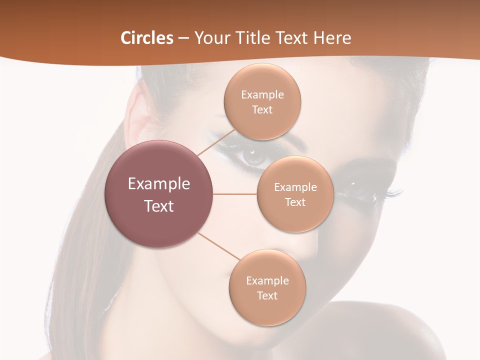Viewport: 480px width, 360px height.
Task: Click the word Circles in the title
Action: click(x=146, y=38)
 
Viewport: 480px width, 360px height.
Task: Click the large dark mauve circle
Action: click(x=159, y=194)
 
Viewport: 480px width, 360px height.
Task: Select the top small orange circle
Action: click(x=262, y=101)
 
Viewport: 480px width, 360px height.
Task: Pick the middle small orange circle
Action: click(x=295, y=194)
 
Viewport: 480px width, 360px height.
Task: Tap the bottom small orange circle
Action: click(x=267, y=287)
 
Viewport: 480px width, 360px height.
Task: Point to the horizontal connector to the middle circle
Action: click(x=235, y=194)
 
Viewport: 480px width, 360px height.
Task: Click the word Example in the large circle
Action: click(x=159, y=183)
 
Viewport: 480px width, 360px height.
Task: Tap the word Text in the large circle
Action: click(x=159, y=205)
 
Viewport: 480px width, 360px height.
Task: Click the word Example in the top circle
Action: click(x=262, y=94)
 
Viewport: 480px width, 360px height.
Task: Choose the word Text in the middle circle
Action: click(x=295, y=202)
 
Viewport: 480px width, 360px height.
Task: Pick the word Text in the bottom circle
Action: click(x=267, y=295)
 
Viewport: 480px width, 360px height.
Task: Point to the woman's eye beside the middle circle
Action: click(x=358, y=189)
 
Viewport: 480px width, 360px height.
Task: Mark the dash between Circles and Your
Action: click(x=183, y=38)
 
